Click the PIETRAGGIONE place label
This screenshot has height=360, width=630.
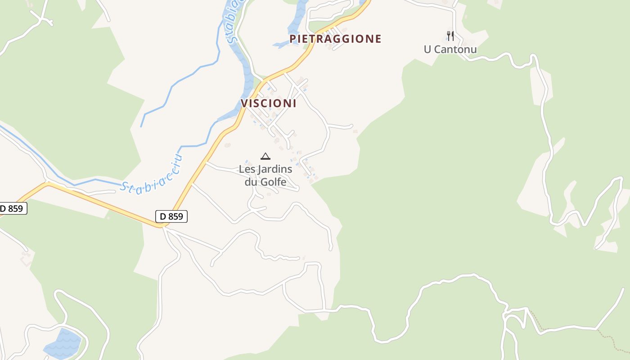tap(335, 39)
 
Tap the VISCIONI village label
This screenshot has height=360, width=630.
tap(269, 103)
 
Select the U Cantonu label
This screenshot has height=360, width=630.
tap(450, 49)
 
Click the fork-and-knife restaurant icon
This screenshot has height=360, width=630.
tap(450, 36)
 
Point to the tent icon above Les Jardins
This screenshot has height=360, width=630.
tap(265, 156)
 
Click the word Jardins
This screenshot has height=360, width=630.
tap(274, 170)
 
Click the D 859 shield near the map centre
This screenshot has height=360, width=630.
tap(171, 216)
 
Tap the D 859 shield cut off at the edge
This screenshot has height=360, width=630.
tap(12, 208)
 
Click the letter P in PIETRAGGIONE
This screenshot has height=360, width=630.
tap(293, 39)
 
